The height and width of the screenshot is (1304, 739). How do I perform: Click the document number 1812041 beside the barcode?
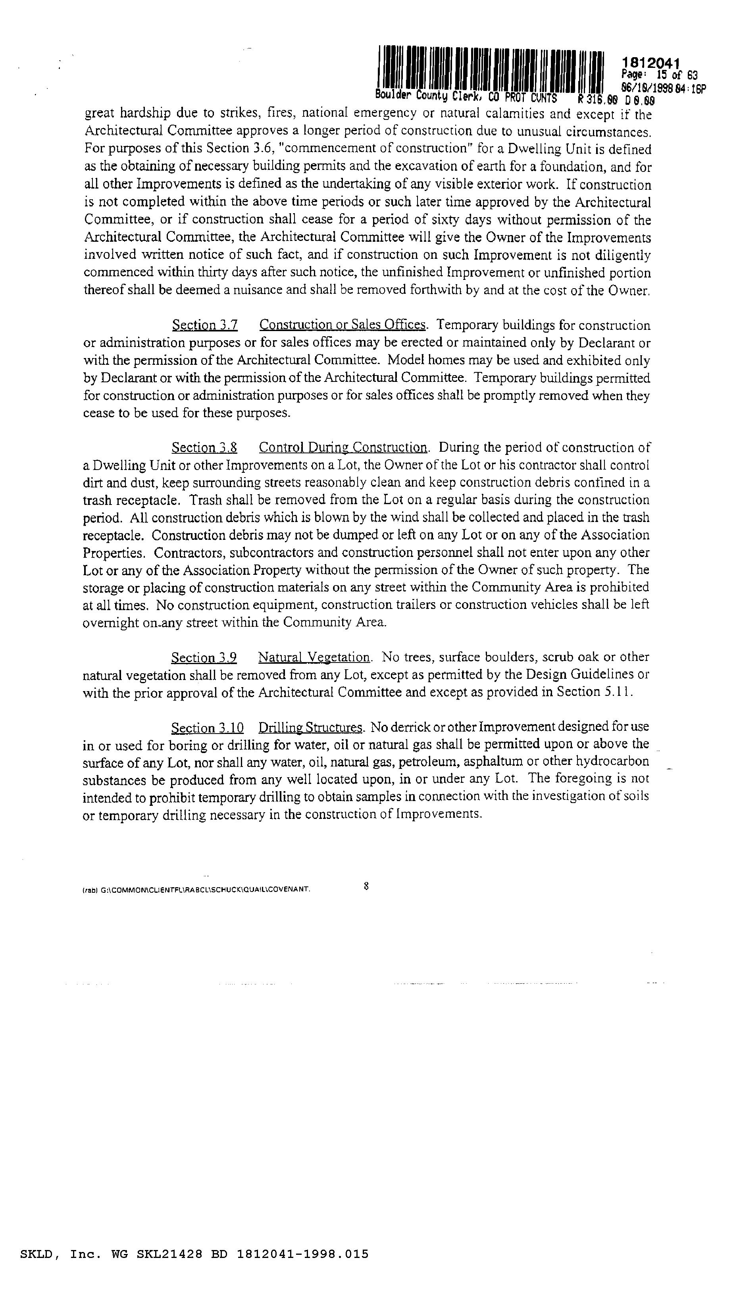click(650, 63)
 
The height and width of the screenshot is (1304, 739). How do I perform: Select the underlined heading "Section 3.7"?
click(205, 325)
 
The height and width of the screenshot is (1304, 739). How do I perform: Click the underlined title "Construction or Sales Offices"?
click(342, 325)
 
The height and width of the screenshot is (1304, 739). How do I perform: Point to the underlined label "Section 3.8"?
click(204, 448)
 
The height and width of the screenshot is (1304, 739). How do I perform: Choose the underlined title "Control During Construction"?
click(343, 448)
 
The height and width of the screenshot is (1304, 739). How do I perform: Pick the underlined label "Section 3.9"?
click(204, 658)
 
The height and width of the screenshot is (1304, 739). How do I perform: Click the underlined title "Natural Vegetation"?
click(314, 658)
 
